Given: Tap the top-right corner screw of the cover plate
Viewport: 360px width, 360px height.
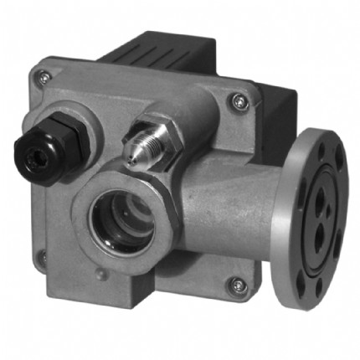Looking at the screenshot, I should point(240,100).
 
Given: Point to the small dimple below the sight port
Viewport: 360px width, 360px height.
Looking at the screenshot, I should point(100,274).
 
